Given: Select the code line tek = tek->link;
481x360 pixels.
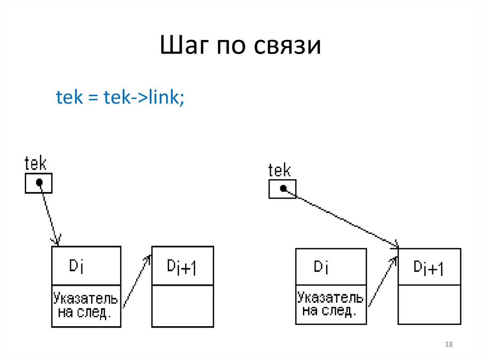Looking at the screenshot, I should click(x=120, y=97).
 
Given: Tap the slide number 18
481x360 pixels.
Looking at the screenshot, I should click(x=448, y=345).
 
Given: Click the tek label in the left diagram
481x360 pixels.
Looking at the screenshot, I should click(x=36, y=164).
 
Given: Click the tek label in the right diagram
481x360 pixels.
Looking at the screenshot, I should click(x=279, y=170).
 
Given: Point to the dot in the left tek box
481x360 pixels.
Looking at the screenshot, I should click(x=39, y=182).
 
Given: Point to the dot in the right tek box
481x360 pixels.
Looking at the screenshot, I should click(x=283, y=188).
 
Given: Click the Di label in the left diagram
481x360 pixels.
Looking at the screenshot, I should click(x=77, y=266).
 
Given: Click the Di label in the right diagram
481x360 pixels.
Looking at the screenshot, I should click(x=321, y=267).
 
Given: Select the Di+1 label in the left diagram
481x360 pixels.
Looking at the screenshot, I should click(x=182, y=267).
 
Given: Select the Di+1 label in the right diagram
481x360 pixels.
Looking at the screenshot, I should click(x=429, y=268).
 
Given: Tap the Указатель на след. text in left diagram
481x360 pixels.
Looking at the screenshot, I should click(x=85, y=306).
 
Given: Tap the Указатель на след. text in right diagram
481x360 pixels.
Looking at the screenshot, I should click(x=330, y=304).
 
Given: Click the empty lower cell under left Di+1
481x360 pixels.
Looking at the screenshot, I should click(x=182, y=306).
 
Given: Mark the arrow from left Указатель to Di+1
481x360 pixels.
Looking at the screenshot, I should click(x=136, y=282).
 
